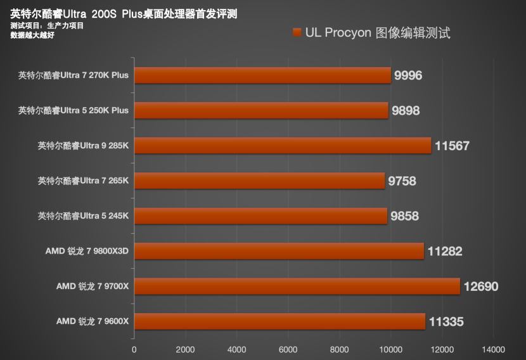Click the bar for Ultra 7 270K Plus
(262, 75)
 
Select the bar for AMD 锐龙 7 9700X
(297, 286)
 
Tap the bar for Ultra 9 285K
(283, 146)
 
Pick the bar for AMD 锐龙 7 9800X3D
(279, 251)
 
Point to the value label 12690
(481, 286)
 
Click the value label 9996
(408, 75)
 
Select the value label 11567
(452, 146)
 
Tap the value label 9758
(402, 181)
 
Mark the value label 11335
(446, 322)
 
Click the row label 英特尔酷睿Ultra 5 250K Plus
(74, 110)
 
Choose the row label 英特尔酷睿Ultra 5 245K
(83, 216)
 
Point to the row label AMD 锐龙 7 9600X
(93, 321)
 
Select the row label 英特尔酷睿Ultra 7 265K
(83, 181)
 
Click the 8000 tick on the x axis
(339, 349)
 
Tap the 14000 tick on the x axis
(493, 349)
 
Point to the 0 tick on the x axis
(134, 349)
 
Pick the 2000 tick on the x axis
(185, 349)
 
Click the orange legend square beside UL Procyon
(297, 33)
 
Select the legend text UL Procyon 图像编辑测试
(378, 33)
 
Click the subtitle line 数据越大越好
(32, 35)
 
